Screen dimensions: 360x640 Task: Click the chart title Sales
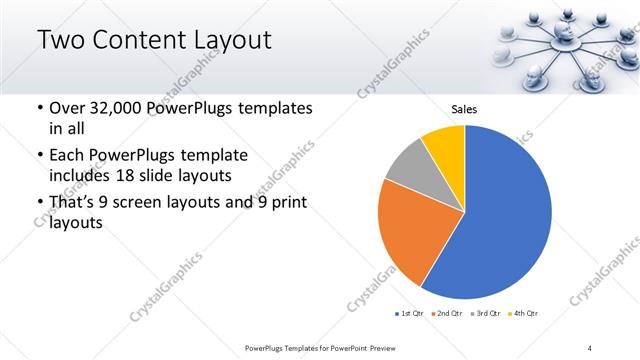point(464,108)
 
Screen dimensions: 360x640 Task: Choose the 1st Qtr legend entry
point(408,314)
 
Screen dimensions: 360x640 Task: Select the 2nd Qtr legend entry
point(448,314)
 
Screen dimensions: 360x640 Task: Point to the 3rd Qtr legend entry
point(487,314)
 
